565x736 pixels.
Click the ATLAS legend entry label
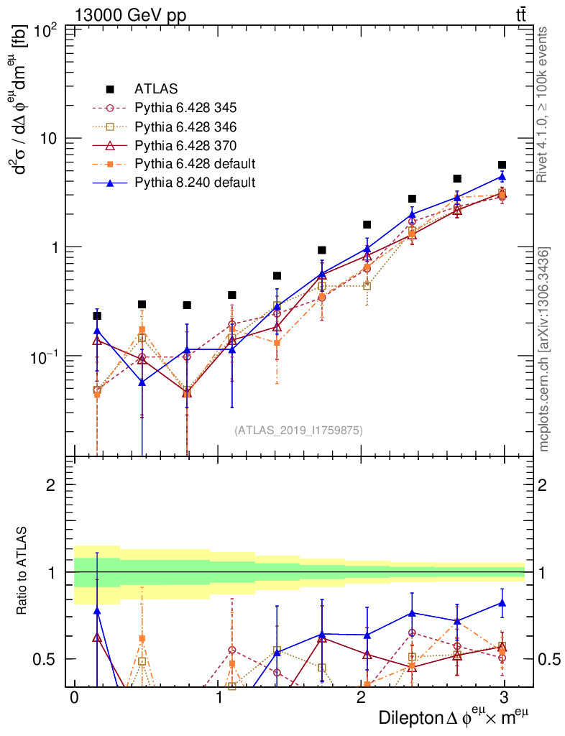point(156,90)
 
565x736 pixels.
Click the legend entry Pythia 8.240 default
point(194,182)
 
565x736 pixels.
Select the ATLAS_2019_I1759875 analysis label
point(298,431)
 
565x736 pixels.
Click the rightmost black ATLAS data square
point(502,165)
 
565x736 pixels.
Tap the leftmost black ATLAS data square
point(97,316)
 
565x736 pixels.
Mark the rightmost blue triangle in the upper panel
point(502,177)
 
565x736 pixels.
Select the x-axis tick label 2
point(360,699)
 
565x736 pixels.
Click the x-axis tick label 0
point(73,699)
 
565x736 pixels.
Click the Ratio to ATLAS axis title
point(22,572)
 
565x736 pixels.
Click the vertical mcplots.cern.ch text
point(544,349)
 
